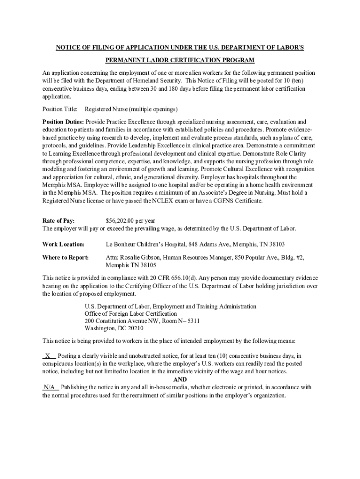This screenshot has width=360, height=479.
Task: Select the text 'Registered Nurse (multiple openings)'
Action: point(131,109)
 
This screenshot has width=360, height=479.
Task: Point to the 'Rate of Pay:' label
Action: point(58,220)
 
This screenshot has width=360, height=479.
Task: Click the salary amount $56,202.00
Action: point(120,220)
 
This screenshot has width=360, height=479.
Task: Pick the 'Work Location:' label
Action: point(63,244)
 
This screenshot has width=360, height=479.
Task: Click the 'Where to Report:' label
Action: point(65,257)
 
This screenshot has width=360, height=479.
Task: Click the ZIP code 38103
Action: point(276,244)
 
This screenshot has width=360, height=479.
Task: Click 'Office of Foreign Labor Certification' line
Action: point(130,313)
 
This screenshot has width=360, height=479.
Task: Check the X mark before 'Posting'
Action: point(48,356)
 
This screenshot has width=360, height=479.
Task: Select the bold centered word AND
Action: point(180,379)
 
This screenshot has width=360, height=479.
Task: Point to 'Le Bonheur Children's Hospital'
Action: point(147,244)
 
